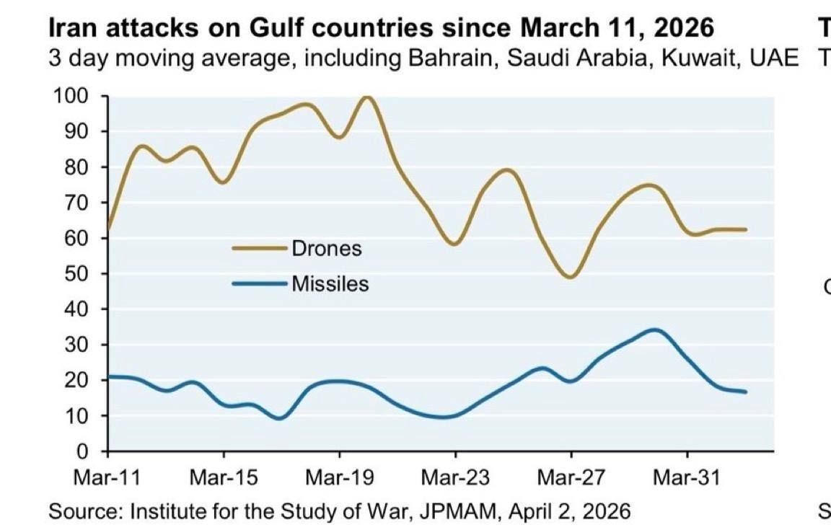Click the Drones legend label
click(x=327, y=249)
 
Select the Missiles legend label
click(x=330, y=284)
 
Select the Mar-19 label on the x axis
click(x=339, y=477)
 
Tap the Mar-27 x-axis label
click(x=571, y=477)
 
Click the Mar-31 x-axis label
click(x=687, y=477)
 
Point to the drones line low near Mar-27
click(x=571, y=277)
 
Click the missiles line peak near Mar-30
click(x=654, y=330)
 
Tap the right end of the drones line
click(x=746, y=230)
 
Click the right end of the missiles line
click(x=746, y=392)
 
